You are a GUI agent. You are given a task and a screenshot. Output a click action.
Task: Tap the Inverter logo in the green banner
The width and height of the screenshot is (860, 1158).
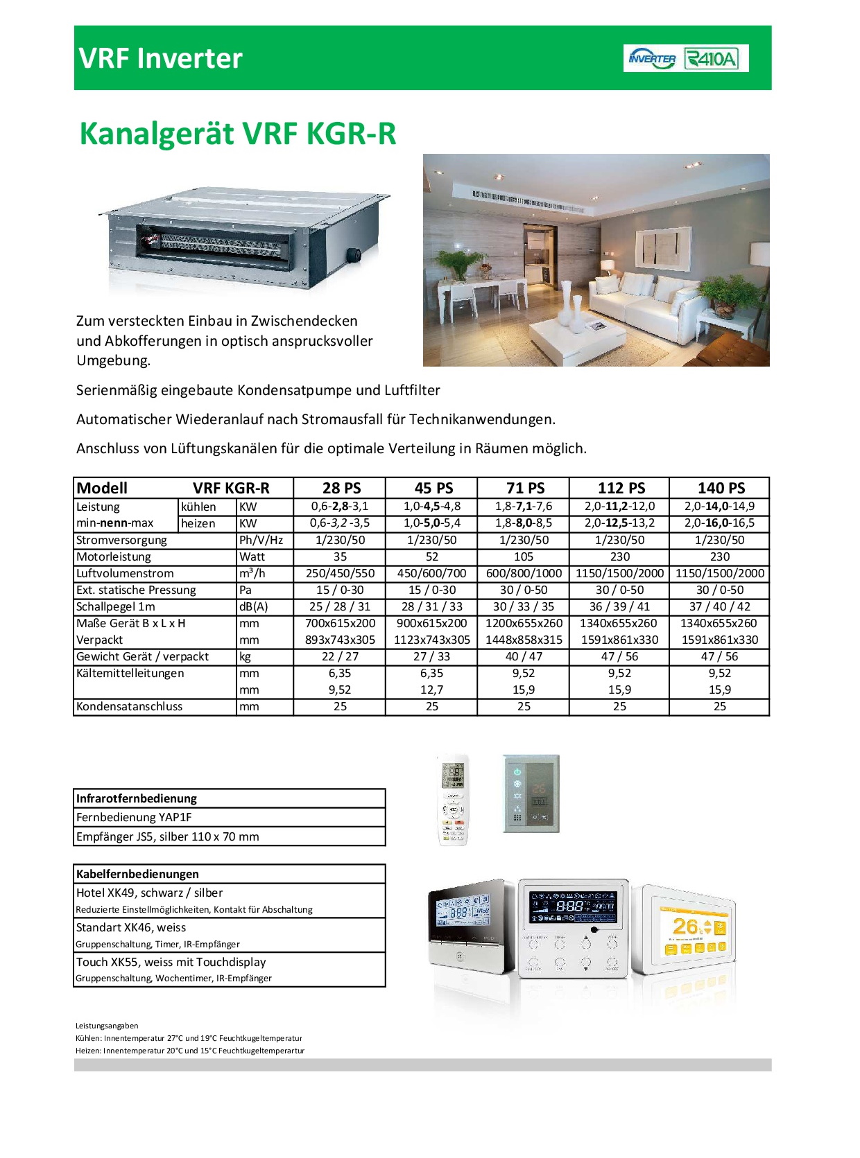coord(652,58)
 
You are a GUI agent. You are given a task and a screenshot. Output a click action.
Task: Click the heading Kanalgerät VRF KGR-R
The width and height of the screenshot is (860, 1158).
coord(238,134)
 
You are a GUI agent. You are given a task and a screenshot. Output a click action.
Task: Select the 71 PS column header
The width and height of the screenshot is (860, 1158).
coord(525,488)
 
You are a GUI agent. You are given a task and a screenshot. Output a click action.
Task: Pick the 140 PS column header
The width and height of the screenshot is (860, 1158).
coord(721,488)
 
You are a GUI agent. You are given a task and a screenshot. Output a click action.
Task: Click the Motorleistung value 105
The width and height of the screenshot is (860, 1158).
coord(524,556)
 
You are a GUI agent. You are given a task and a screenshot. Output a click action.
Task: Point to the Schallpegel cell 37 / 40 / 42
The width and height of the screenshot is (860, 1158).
coord(720,606)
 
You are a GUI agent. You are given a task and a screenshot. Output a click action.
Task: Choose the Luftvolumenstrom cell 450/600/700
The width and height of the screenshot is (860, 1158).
coord(431,573)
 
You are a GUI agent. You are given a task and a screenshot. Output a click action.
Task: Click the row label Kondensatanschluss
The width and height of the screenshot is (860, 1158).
coord(130,706)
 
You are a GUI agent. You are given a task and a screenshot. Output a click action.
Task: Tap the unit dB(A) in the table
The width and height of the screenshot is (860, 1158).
coord(253,606)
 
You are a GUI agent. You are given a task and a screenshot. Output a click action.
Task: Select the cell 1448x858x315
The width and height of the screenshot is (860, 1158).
coord(524,640)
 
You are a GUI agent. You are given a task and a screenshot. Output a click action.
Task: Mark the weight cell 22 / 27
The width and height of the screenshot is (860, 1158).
coord(340,656)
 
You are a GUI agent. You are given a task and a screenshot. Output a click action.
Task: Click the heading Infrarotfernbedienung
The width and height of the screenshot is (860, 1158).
coord(137,798)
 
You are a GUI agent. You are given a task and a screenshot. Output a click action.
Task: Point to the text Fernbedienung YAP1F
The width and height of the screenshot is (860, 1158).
coord(134,817)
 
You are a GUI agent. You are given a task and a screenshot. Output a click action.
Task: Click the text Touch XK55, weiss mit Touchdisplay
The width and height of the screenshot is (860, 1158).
coord(171,962)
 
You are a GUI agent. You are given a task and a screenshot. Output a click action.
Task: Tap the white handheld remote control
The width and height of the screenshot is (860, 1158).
coord(454,800)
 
